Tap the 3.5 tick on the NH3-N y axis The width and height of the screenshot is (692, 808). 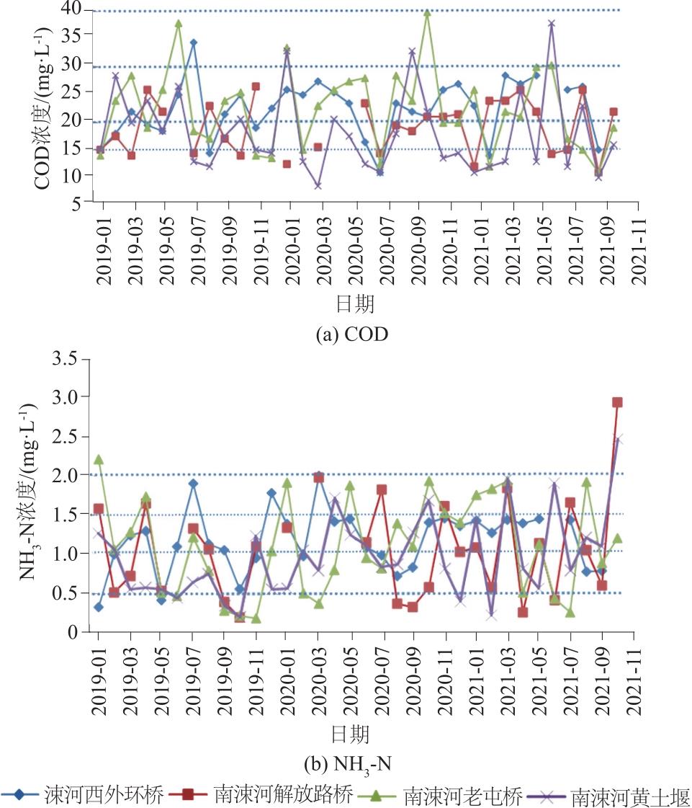(70, 358)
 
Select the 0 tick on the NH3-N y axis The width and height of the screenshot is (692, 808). (81, 631)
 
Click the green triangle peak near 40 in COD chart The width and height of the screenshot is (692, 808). (427, 12)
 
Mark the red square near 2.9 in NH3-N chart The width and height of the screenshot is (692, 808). (617, 402)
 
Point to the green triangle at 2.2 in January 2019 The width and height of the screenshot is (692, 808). (99, 459)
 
